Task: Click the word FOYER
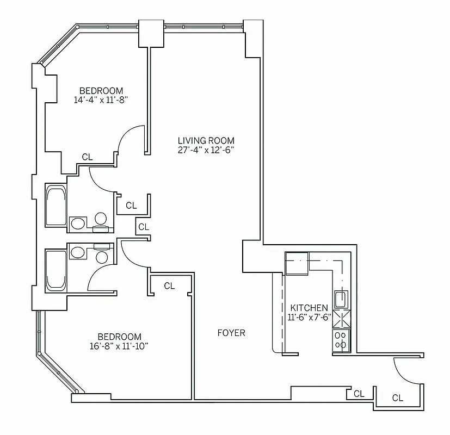(x=231, y=333)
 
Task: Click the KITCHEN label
(x=309, y=308)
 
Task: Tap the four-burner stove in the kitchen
(x=341, y=340)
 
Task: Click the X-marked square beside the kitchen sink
(x=341, y=318)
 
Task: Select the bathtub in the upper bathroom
(x=56, y=206)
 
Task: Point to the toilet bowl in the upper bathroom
(x=100, y=219)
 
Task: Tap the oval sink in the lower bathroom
(x=77, y=252)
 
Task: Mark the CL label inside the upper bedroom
(x=87, y=157)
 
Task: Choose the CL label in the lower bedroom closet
(x=169, y=285)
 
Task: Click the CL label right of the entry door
(x=398, y=398)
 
